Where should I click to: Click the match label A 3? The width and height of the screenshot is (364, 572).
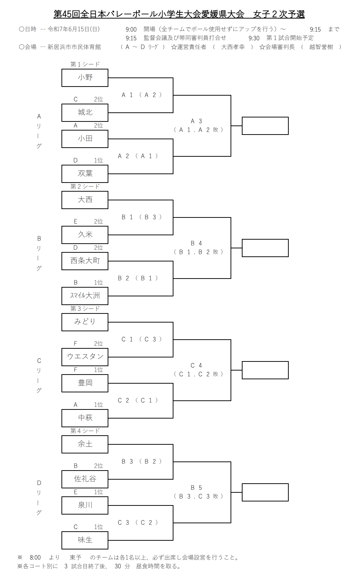(196, 121)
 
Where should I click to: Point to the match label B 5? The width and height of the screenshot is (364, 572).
(196, 488)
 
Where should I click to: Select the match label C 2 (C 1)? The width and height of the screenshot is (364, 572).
(138, 400)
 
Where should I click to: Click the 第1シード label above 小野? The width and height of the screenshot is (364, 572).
(85, 64)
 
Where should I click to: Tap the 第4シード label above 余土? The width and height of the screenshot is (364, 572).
(85, 431)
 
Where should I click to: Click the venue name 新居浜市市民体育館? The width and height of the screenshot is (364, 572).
(74, 47)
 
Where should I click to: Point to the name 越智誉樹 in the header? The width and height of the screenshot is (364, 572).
(321, 47)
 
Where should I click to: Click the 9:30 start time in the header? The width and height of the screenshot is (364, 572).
(254, 38)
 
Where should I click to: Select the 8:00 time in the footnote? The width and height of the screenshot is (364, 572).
(35, 557)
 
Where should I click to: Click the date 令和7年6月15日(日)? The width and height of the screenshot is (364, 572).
(73, 29)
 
